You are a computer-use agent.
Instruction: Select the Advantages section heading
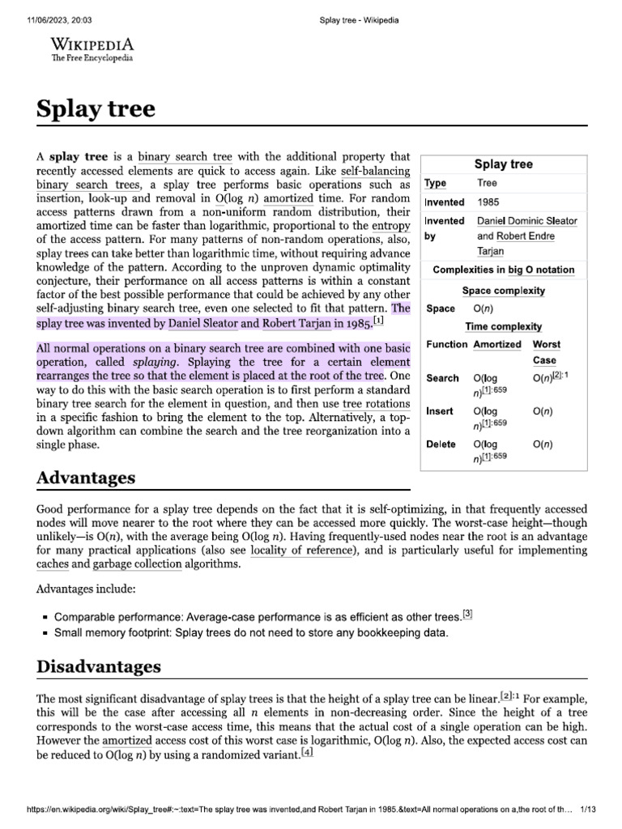click(86, 478)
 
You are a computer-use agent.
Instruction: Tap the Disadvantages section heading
click(99, 667)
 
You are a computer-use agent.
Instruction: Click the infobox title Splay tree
click(503, 164)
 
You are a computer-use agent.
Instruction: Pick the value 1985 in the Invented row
click(488, 202)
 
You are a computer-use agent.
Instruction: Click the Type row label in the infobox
click(436, 184)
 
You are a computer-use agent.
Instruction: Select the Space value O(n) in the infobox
click(484, 308)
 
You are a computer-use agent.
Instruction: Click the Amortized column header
click(497, 344)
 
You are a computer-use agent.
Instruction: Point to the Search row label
click(442, 378)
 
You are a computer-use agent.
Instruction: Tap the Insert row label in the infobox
click(440, 411)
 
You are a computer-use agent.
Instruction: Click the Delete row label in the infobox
click(441, 444)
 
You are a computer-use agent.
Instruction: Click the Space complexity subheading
click(503, 291)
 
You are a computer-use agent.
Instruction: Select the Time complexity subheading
click(503, 326)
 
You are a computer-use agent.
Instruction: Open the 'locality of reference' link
click(302, 551)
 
